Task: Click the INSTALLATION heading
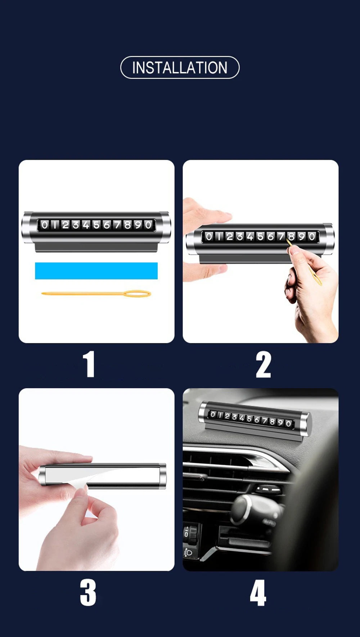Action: click(180, 68)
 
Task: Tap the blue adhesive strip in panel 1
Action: click(96, 271)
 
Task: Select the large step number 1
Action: click(89, 364)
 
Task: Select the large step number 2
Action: click(263, 365)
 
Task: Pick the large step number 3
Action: click(88, 592)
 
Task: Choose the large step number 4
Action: click(258, 592)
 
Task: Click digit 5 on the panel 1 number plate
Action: click(96, 225)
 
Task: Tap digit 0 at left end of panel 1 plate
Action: click(44, 225)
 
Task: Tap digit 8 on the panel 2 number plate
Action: click(291, 236)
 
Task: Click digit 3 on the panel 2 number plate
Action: click(239, 236)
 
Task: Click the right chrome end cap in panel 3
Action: click(162, 476)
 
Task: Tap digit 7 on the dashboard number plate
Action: click(265, 420)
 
